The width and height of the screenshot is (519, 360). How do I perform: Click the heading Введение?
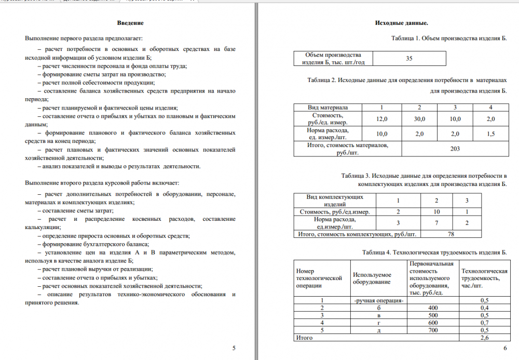pyautogui.click(x=130, y=23)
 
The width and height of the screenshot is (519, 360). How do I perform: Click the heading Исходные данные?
pyautogui.click(x=401, y=23)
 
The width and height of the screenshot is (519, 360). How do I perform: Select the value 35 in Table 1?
pyautogui.click(x=409, y=59)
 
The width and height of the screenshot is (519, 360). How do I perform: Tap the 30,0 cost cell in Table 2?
pyautogui.click(x=419, y=119)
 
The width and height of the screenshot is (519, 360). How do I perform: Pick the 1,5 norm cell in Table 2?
pyautogui.click(x=490, y=134)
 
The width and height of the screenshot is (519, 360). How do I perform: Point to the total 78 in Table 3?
pyautogui.click(x=450, y=234)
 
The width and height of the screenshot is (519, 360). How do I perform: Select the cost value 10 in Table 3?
pyautogui.click(x=436, y=211)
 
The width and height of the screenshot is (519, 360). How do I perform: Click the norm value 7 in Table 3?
pyautogui.click(x=436, y=223)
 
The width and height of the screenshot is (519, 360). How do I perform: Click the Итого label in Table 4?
pyautogui.click(x=304, y=338)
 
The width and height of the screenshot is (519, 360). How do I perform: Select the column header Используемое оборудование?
pyautogui.click(x=372, y=278)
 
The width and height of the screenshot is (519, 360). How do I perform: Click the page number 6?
pyautogui.click(x=505, y=348)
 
